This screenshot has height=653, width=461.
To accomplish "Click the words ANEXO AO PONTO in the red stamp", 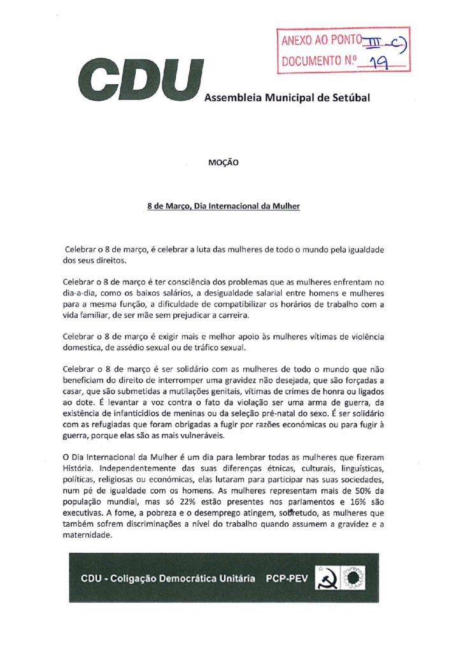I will pyautogui.click(x=320, y=41).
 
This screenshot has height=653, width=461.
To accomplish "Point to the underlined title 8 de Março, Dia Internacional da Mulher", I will pyautogui.click(x=223, y=207).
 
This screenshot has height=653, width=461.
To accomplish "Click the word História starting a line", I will pyautogui.click(x=79, y=469).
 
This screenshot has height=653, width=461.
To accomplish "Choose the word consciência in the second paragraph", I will pyautogui.click(x=187, y=281).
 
